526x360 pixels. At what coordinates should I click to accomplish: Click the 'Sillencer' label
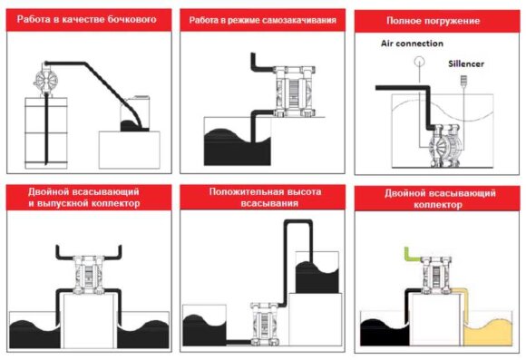coord(468,64)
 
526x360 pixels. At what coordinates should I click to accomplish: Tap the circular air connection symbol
coord(419,62)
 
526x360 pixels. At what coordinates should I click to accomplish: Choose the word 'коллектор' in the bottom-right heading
coord(438,205)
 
